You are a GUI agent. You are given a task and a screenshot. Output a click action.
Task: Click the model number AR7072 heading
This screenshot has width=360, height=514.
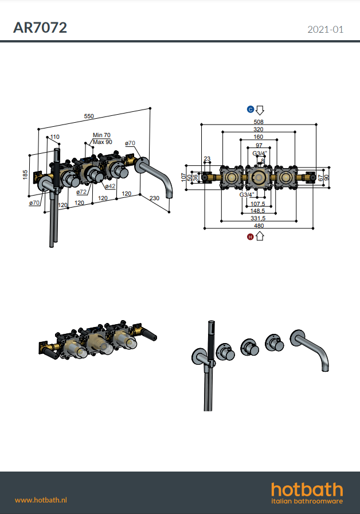click(x=40, y=28)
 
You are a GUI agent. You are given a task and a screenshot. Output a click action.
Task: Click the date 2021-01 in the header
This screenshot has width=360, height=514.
click(x=325, y=29)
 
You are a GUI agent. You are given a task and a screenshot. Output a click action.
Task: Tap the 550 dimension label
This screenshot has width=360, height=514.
click(x=89, y=116)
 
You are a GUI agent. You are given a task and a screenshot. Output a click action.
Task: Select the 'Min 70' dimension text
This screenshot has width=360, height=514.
click(x=101, y=135)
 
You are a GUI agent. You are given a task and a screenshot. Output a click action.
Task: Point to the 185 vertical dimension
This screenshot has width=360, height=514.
click(x=25, y=174)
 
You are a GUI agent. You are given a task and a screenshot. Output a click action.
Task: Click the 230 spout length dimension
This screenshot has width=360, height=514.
click(x=154, y=198)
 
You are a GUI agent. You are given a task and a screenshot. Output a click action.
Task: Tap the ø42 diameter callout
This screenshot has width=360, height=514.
click(x=111, y=186)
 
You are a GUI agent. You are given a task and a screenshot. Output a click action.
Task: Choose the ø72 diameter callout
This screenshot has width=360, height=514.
click(x=81, y=192)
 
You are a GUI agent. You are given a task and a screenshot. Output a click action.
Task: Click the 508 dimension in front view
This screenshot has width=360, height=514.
click(x=259, y=122)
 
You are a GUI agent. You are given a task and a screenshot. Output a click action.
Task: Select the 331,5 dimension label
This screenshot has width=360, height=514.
click(x=258, y=218)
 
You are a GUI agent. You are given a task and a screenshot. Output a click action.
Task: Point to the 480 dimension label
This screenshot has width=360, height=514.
click(x=259, y=225)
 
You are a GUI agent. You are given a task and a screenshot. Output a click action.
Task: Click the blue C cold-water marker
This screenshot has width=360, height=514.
click(x=251, y=109)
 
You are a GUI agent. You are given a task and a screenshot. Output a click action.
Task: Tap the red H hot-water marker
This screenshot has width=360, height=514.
click(x=251, y=237)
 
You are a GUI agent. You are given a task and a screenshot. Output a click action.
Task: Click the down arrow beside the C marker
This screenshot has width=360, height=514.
click(x=260, y=110)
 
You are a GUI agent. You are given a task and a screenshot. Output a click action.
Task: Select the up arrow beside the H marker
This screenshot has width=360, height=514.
click(x=260, y=236)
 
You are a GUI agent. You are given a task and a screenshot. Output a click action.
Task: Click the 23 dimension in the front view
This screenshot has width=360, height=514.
click(x=207, y=159)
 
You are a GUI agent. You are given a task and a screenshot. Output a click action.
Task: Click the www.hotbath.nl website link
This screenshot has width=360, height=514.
click(x=41, y=500)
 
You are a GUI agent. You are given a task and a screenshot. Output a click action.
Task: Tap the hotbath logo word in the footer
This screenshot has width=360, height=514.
click(x=307, y=489)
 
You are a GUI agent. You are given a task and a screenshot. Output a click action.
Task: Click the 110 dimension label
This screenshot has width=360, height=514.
click(x=54, y=137)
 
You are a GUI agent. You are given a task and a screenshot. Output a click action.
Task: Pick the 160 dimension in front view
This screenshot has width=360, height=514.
click(x=258, y=137)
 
